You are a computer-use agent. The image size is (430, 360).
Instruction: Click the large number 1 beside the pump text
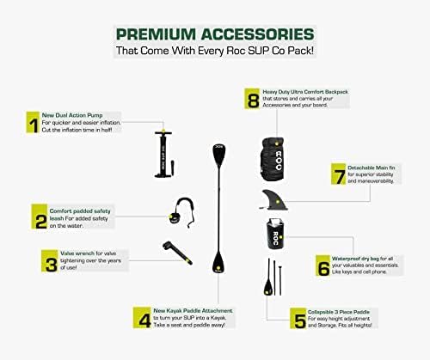pyautogui.click(x=32, y=126)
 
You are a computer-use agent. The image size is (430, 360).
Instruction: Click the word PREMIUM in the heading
pyautogui.click(x=157, y=35)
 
